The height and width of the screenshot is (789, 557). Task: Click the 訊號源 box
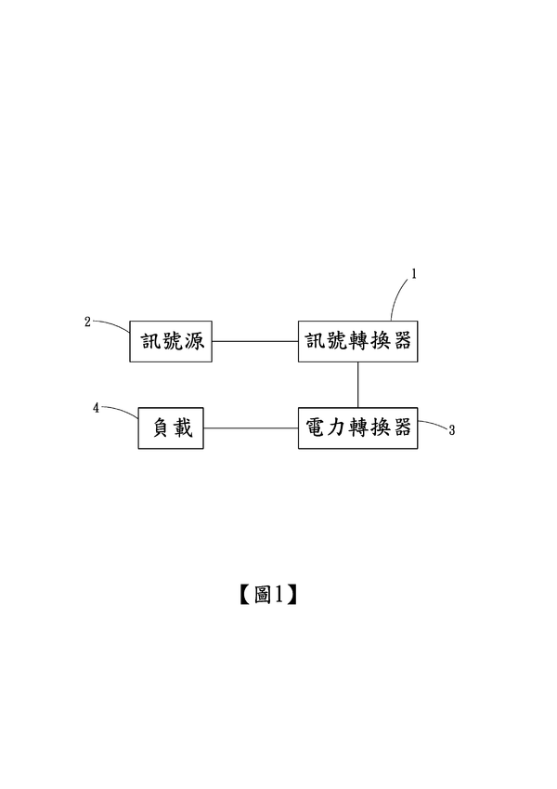tap(170, 342)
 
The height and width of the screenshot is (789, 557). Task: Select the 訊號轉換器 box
tap(357, 342)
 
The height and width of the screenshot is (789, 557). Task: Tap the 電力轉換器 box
tap(357, 427)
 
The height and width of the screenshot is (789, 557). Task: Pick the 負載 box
tap(171, 427)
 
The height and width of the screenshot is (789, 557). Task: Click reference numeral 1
tap(415, 274)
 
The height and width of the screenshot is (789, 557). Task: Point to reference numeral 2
tap(87, 322)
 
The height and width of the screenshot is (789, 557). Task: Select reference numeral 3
tap(451, 431)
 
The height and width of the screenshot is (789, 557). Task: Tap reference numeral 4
tap(97, 407)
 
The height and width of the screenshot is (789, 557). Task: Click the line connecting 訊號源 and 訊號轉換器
tap(254, 342)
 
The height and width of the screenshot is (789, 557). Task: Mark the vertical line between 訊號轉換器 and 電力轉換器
tap(357, 384)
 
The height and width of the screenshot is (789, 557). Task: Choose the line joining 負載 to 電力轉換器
tap(251, 427)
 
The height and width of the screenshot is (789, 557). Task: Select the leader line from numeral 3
tap(432, 427)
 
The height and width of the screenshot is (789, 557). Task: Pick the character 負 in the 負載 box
tap(160, 427)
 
